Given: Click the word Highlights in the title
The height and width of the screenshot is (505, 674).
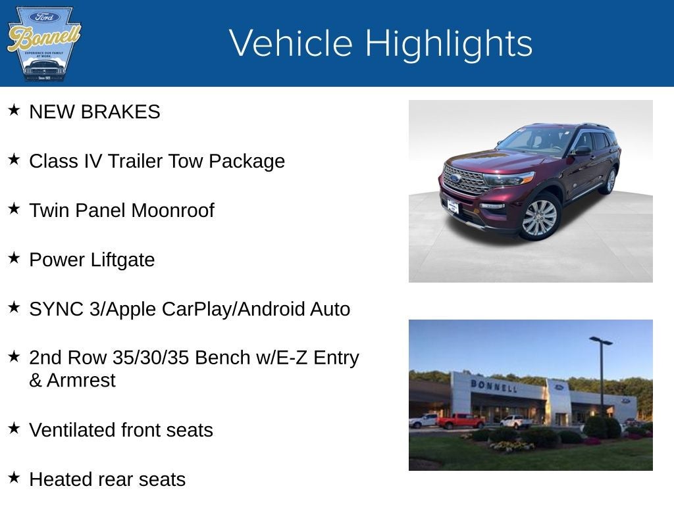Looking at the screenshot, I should coord(448,43).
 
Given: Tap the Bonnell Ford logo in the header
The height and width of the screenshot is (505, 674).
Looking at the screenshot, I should coord(43,44).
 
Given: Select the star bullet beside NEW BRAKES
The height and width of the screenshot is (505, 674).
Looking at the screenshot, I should coord(14,110).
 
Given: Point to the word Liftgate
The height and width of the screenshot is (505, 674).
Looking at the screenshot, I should coord(123,260).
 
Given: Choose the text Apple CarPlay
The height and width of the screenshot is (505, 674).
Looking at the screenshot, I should coord(168,309).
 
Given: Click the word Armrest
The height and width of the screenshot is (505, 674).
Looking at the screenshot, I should coord(81,381).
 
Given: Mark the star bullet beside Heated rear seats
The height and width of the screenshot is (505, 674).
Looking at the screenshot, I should coord(14,477).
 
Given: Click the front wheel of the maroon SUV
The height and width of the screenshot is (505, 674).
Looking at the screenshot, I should coord(539,218).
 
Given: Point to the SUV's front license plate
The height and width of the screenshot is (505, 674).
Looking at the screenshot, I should coord(453,206).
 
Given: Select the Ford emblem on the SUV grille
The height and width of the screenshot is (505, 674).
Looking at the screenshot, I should coord(455,178).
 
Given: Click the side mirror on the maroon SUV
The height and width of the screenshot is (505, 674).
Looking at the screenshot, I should coord(583,151).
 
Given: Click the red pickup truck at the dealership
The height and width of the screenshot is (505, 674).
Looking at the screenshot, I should coord(460,421).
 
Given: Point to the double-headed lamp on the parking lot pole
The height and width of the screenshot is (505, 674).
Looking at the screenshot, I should coord(600,341).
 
